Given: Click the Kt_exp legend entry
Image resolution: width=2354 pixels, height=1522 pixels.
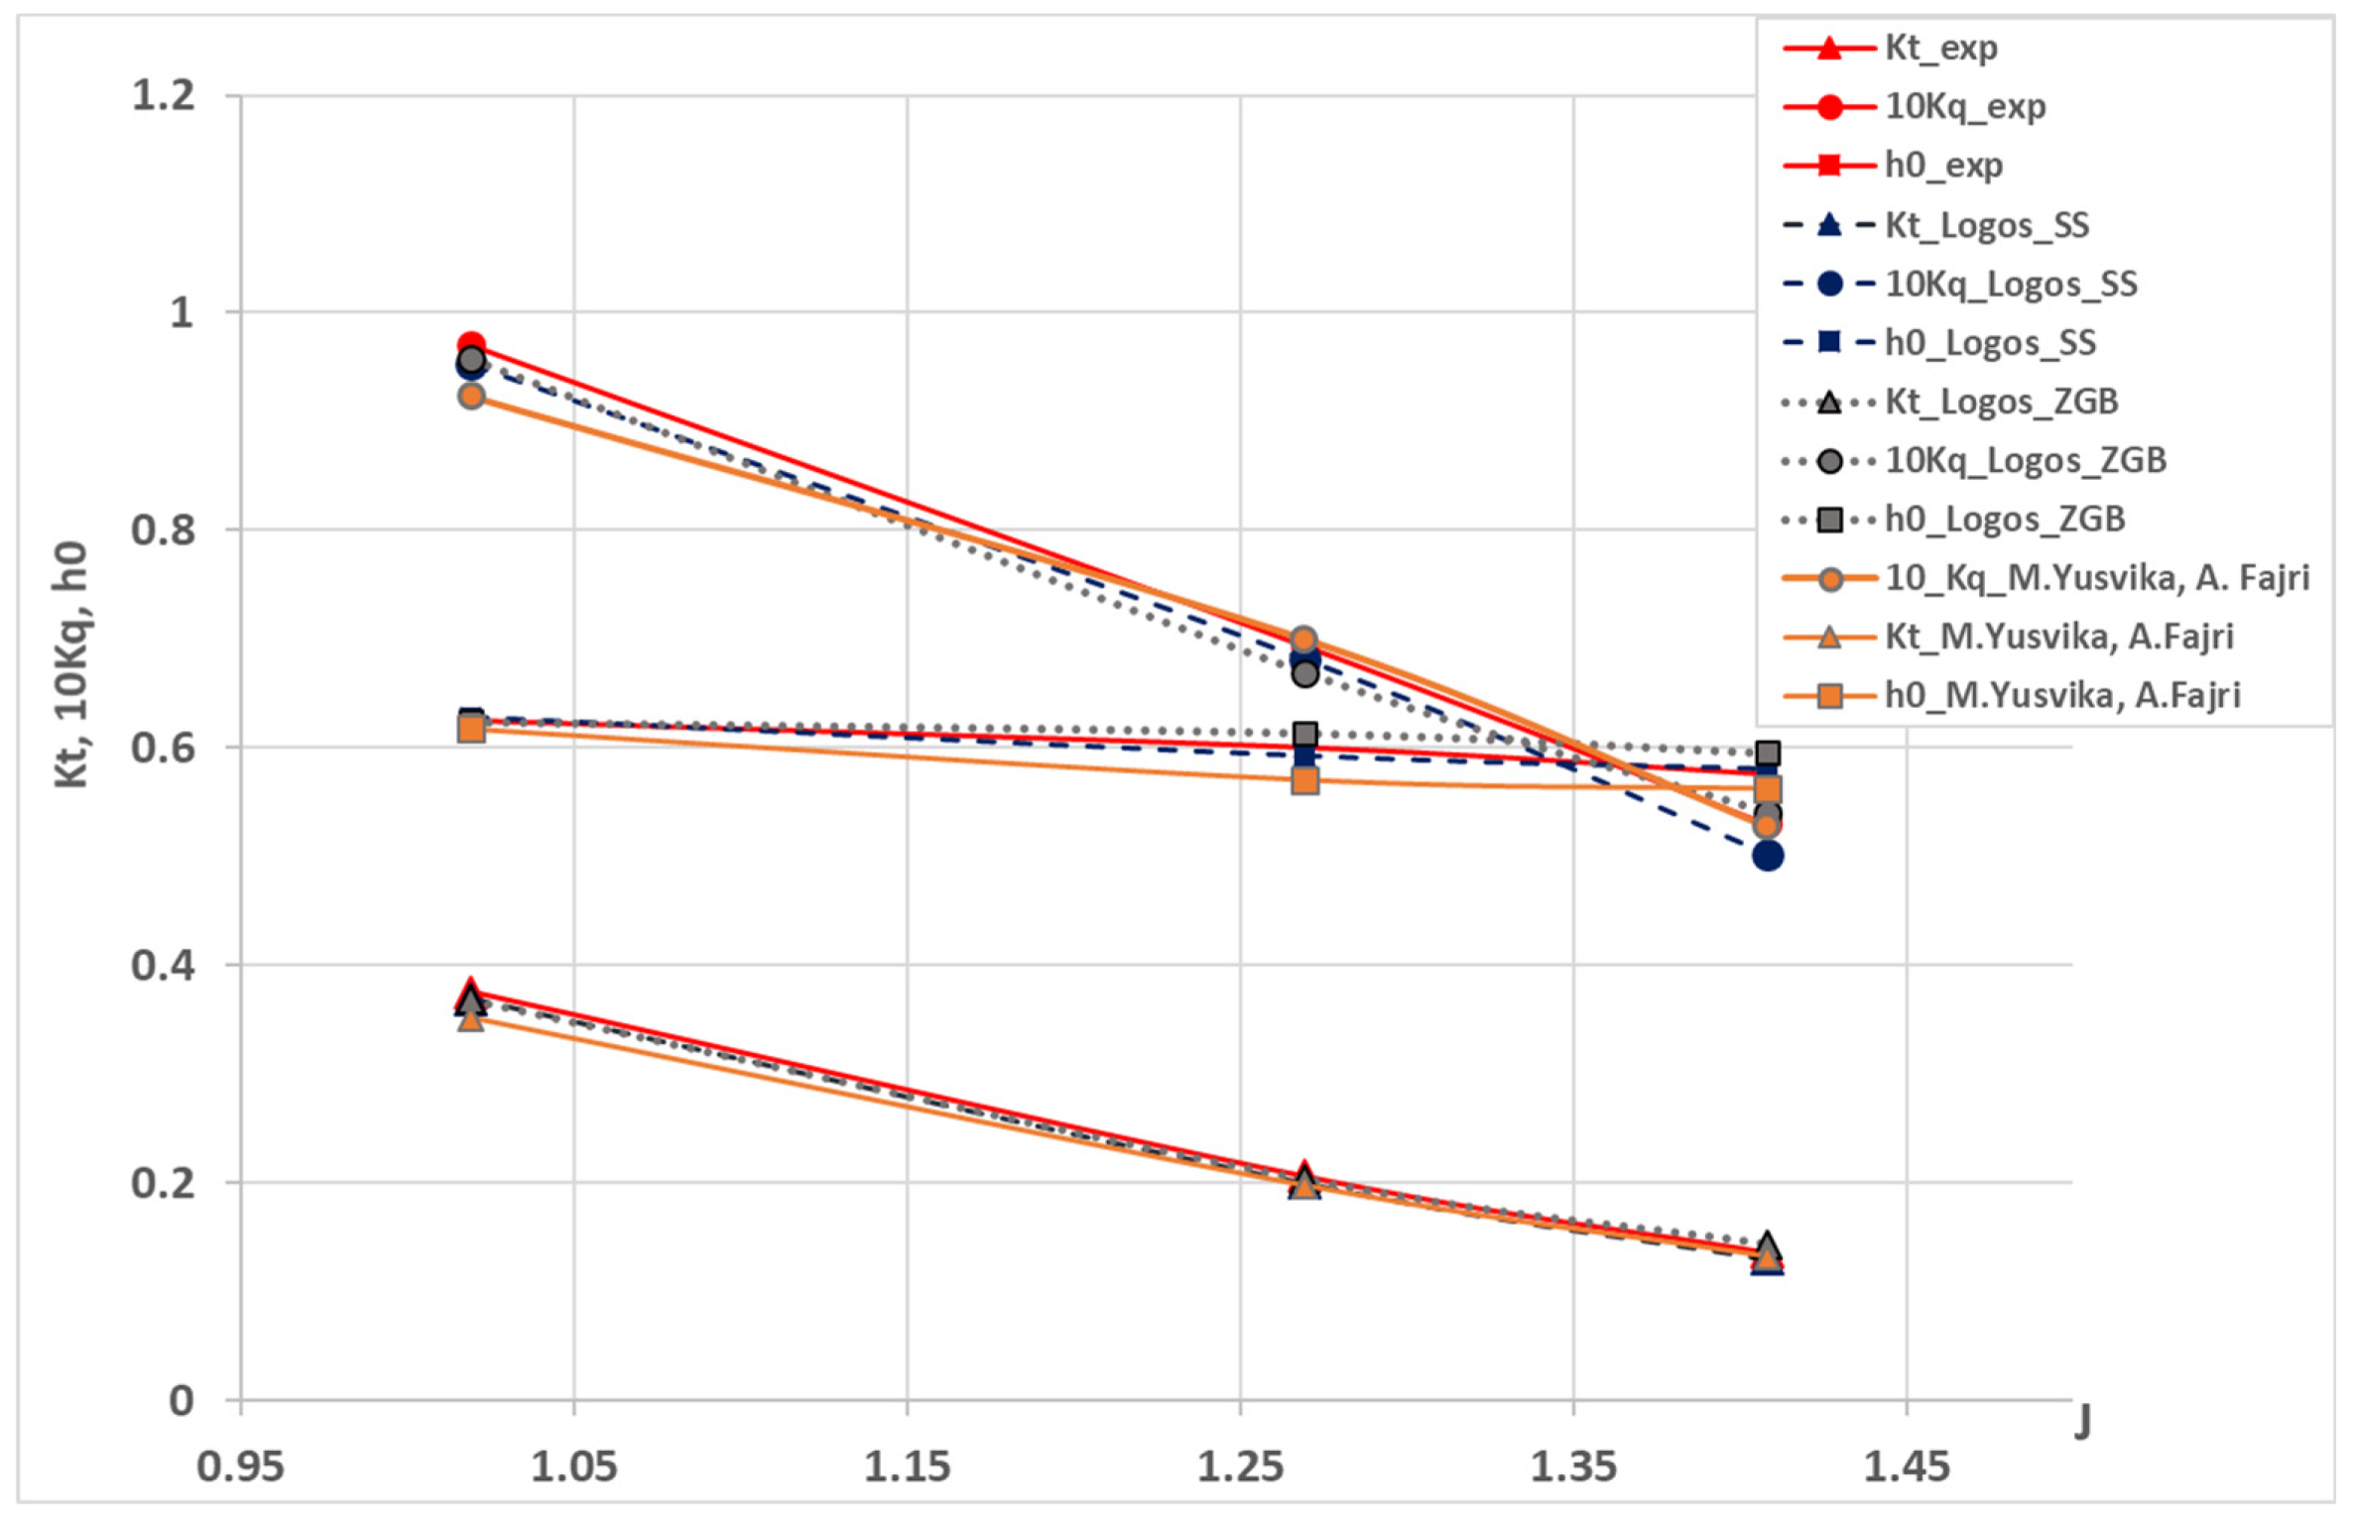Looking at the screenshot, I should pyautogui.click(x=1939, y=48).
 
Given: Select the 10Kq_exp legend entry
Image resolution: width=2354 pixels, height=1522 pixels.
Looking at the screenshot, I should pyautogui.click(x=1964, y=106).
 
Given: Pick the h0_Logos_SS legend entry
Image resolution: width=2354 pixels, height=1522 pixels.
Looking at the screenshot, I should pyautogui.click(x=1989, y=342).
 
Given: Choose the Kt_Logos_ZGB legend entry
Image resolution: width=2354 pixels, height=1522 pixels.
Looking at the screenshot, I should pyautogui.click(x=2001, y=402).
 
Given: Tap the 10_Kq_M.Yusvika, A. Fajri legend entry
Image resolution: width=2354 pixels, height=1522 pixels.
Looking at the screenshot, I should pyautogui.click(x=2096, y=577).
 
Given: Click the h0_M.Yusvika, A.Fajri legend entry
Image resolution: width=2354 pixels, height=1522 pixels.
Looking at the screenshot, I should pyautogui.click(x=2061, y=695).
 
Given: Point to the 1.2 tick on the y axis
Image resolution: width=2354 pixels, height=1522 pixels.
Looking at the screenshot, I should pyautogui.click(x=164, y=96).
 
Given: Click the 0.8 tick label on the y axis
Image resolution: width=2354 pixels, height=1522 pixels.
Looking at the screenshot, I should pyautogui.click(x=164, y=529).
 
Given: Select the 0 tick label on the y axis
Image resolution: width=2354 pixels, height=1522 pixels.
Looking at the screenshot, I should pyautogui.click(x=182, y=1401).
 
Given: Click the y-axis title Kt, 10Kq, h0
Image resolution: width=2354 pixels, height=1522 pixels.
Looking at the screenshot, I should pyautogui.click(x=71, y=664).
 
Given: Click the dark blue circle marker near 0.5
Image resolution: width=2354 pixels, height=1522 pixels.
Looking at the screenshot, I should pyautogui.click(x=1767, y=856).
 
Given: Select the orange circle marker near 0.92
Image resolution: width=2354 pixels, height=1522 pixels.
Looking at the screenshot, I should pyautogui.click(x=471, y=397).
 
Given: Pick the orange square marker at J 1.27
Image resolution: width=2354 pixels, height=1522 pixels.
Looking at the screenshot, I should pyautogui.click(x=1304, y=781).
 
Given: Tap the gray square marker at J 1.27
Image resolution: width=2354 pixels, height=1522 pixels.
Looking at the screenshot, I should pyautogui.click(x=1304, y=735).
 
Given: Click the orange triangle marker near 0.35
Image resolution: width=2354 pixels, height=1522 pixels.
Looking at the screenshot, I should pyautogui.click(x=471, y=1019).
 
